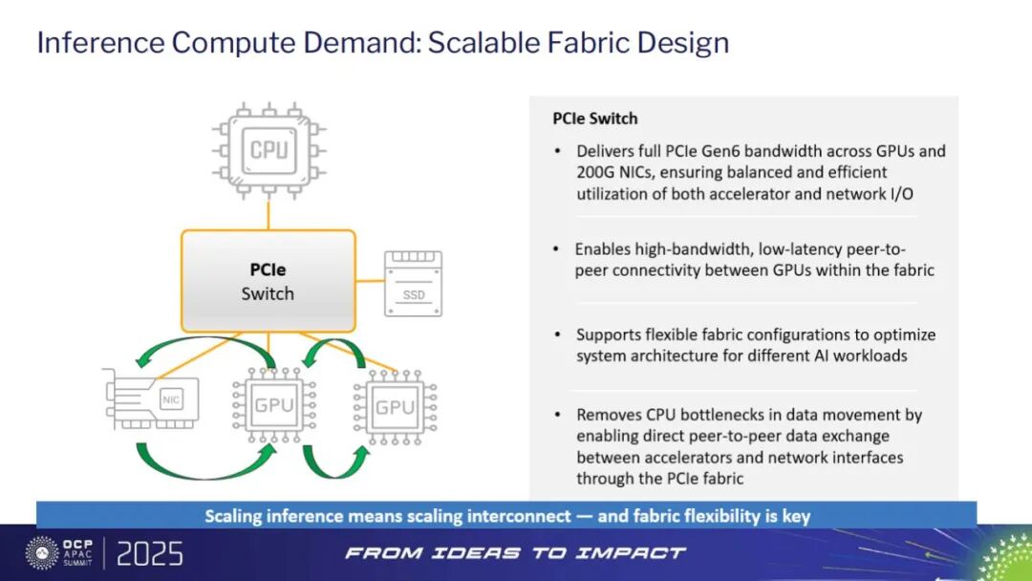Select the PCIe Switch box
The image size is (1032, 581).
point(268,281)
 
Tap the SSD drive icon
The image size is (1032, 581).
point(413,284)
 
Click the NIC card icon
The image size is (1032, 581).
point(153,401)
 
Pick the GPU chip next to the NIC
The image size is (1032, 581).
point(274,404)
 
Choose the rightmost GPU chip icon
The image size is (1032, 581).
point(395,408)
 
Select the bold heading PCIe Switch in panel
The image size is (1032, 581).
point(594,118)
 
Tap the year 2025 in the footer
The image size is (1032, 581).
point(151,554)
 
